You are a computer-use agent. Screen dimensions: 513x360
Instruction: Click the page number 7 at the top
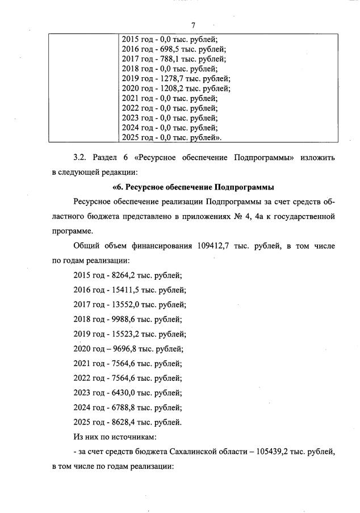coord(193,26)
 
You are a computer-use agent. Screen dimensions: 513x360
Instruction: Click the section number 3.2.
coord(81,157)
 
